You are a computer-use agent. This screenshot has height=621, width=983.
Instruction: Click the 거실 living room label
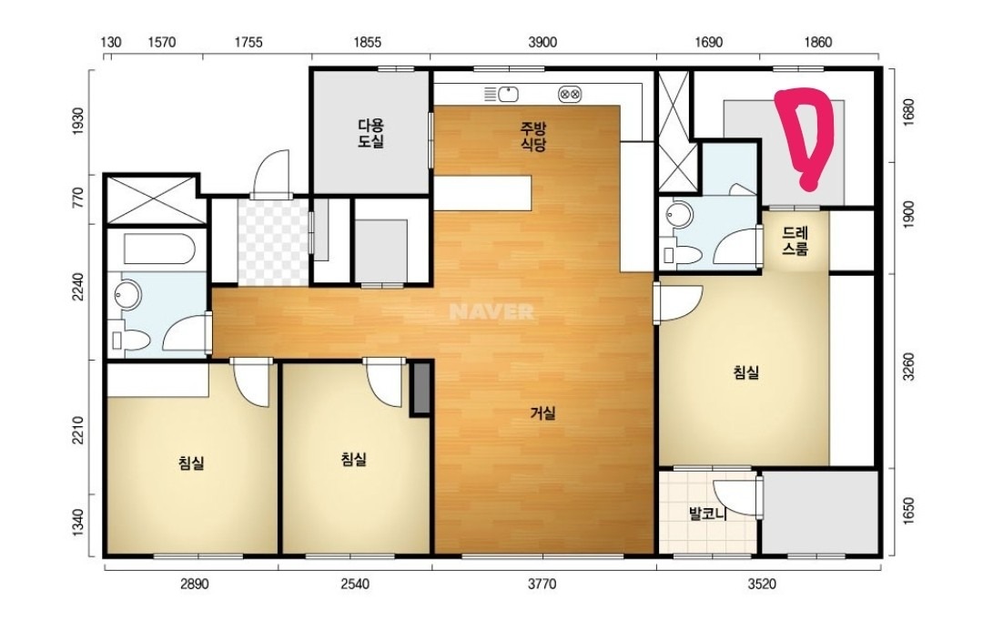click(542, 413)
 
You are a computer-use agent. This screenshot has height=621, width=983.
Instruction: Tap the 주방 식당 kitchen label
click(533, 137)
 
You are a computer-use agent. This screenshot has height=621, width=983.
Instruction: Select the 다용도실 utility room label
click(370, 133)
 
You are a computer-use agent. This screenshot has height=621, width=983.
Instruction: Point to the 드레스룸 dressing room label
click(795, 241)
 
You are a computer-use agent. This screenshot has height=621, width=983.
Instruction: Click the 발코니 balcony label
click(707, 514)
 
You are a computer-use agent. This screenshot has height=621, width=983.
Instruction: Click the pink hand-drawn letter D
click(803, 136)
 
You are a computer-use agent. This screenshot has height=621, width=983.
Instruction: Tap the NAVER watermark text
click(491, 311)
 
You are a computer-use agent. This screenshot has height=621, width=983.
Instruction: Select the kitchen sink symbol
click(502, 95)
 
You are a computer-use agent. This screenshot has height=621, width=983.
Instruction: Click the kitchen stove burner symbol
click(570, 95)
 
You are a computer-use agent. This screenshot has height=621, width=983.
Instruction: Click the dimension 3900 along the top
click(542, 42)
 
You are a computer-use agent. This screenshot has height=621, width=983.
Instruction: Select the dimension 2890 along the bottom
click(195, 585)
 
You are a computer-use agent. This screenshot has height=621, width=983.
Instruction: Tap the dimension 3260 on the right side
click(909, 366)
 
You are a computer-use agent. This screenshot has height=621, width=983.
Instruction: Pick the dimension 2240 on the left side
click(77, 287)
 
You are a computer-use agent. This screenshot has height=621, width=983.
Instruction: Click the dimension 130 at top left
click(111, 42)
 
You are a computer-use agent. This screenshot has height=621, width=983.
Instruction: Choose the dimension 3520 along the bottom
click(761, 585)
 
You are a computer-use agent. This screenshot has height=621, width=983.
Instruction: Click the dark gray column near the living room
click(421, 388)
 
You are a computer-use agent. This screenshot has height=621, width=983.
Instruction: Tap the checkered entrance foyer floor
click(273, 242)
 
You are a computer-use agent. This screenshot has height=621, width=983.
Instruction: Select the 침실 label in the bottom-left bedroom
click(191, 463)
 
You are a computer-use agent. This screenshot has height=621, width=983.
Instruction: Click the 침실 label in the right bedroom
click(746, 372)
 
